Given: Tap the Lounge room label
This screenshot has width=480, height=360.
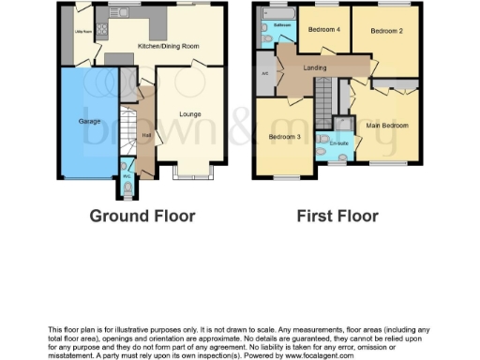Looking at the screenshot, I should click(x=190, y=115).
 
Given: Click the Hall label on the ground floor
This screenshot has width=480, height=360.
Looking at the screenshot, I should click(x=146, y=135).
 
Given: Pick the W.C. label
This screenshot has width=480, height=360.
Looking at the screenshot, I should click(x=127, y=175).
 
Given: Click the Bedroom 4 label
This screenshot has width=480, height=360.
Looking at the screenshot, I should click(x=325, y=30).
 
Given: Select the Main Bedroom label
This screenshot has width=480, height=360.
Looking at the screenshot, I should click(x=385, y=124).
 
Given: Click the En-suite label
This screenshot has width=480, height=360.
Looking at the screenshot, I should click(x=338, y=143).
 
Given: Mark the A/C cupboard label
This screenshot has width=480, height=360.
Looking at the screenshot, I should click(x=265, y=72).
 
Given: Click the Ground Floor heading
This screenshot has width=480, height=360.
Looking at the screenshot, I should click(x=142, y=217).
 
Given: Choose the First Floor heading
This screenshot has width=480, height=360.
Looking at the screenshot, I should click(x=337, y=217).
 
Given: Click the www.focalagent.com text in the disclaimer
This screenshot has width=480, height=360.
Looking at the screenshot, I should click(x=322, y=356).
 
